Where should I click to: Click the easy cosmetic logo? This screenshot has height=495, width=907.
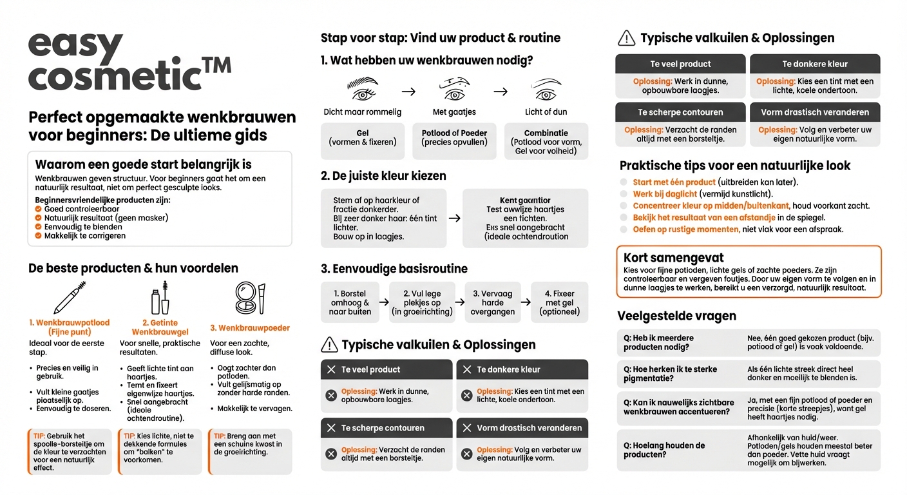point(129,62)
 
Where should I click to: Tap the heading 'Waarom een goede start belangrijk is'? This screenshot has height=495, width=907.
point(143,164)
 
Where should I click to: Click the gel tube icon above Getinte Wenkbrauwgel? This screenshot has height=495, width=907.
point(160,298)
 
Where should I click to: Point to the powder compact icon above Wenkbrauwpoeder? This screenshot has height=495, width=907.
point(249,298)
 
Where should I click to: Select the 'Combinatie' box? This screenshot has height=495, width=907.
point(546,142)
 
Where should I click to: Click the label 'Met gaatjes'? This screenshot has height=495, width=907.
point(454,112)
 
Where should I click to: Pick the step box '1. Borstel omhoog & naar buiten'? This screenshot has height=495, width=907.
point(350,302)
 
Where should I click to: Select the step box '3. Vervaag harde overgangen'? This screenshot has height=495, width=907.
point(492,302)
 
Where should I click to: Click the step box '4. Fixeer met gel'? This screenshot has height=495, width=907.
point(559,302)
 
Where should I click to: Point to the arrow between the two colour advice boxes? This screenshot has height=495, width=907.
point(454,218)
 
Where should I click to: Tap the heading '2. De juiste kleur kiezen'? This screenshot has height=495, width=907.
point(383,176)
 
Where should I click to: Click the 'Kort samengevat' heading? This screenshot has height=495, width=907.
point(665,258)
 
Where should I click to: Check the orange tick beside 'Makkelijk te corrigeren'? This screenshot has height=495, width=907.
point(39,236)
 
